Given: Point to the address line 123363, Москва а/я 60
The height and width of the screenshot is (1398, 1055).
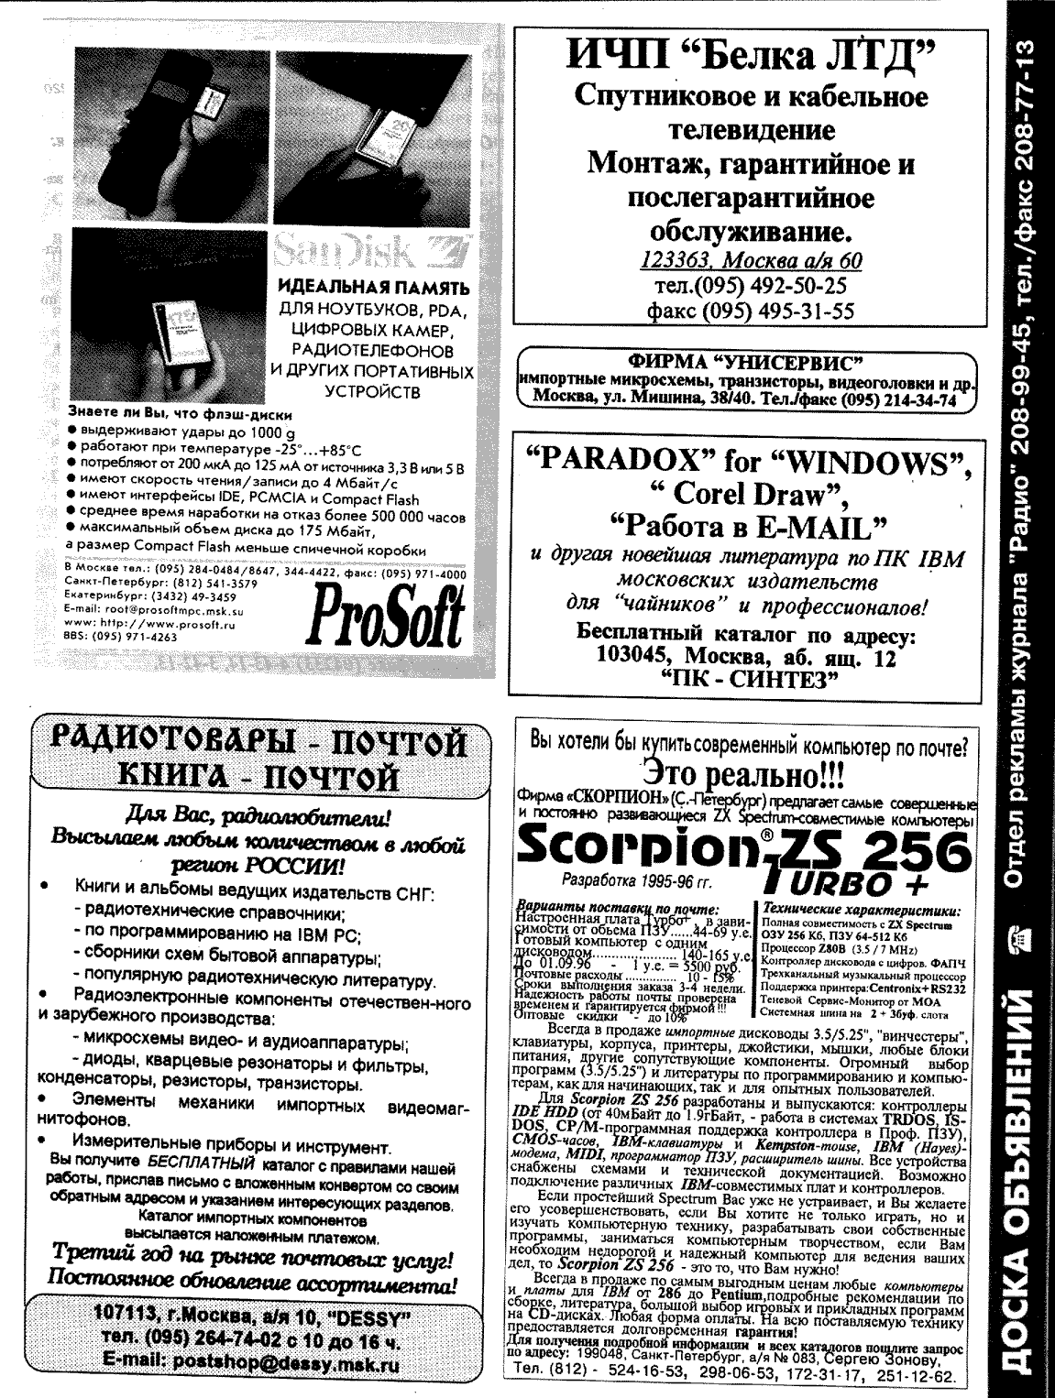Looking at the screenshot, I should pos(750,260).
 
